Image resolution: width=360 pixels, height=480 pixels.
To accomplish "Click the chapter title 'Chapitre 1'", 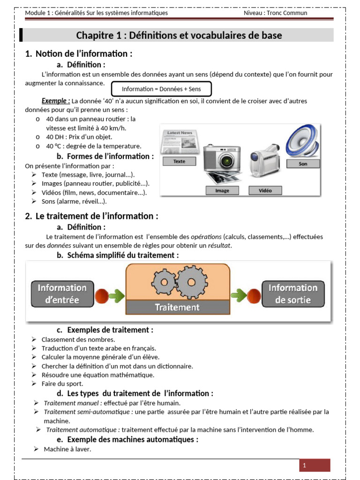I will (179, 36).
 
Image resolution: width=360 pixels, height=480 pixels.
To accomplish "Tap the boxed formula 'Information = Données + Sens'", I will (161, 89).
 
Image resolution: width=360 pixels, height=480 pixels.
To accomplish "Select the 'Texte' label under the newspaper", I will (179, 161).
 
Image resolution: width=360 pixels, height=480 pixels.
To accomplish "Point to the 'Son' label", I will (303, 164).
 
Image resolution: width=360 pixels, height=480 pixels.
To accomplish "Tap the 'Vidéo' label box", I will (266, 190).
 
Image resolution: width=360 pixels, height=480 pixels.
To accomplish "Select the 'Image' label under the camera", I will (222, 191).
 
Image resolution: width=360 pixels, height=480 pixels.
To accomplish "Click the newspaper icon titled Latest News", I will (179, 141).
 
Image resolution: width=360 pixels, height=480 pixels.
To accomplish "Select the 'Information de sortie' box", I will (292, 293).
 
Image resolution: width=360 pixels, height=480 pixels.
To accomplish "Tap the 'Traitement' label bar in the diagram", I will (177, 307).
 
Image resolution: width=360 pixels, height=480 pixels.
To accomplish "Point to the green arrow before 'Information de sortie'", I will (239, 295).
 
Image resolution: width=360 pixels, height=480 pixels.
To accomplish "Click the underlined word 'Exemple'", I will (55, 101).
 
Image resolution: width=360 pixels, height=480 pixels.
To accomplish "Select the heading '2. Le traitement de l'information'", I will (92, 216).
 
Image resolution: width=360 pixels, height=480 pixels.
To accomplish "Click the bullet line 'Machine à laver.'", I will (67, 449).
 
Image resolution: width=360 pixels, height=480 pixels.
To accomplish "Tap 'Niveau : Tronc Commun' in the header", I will (275, 13).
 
